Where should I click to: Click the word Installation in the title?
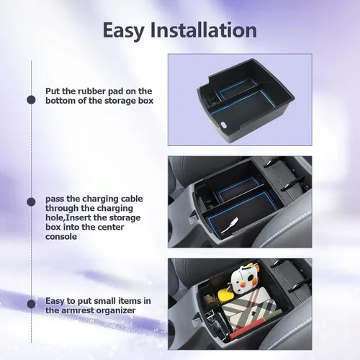204,30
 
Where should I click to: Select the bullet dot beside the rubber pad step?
31,100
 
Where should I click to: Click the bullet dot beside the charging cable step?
31,202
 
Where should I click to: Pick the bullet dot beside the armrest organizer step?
31,304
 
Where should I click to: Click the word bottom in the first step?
60,101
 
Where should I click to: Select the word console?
61,237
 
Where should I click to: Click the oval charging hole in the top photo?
224,125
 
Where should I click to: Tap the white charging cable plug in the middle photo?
230,225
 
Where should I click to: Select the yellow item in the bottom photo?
225,295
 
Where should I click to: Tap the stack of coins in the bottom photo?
210,301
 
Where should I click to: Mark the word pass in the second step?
55,199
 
